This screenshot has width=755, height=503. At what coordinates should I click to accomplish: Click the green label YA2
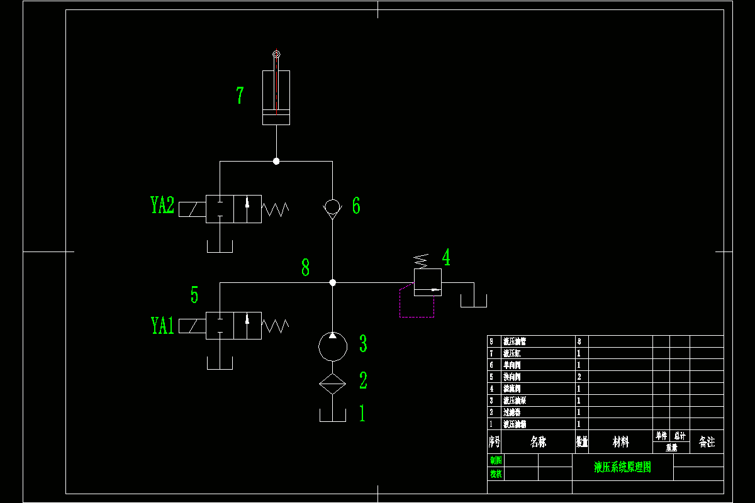pyautogui.click(x=162, y=206)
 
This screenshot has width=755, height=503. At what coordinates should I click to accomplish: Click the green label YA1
pyautogui.click(x=162, y=326)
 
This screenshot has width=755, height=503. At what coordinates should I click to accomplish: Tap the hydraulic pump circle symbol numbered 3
pyautogui.click(x=333, y=346)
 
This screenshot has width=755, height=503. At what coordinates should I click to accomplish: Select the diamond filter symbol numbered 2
pyautogui.click(x=333, y=383)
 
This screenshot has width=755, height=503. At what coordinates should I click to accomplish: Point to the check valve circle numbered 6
pyautogui.click(x=332, y=206)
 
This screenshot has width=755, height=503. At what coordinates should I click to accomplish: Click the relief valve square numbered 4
pyautogui.click(x=428, y=282)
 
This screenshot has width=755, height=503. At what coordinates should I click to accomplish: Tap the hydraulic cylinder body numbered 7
pyautogui.click(x=276, y=97)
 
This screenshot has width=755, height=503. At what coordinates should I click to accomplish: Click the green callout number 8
pyautogui.click(x=306, y=268)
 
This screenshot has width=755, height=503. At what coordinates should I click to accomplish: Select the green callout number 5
pyautogui.click(x=194, y=295)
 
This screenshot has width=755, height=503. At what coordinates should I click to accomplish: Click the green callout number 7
pyautogui.click(x=240, y=96)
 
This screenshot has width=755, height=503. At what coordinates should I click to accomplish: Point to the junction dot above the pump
pyautogui.click(x=333, y=283)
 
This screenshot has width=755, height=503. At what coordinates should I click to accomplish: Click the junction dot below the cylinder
pyautogui.click(x=276, y=162)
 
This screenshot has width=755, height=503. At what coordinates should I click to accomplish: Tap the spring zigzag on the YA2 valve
pyautogui.click(x=276, y=209)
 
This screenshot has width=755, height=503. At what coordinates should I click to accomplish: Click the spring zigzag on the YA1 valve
pyautogui.click(x=276, y=326)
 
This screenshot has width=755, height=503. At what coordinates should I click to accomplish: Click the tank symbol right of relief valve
pyautogui.click(x=474, y=301)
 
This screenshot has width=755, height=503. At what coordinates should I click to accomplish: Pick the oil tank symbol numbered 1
pyautogui.click(x=333, y=416)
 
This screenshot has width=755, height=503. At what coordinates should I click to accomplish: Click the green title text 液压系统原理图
pyautogui.click(x=622, y=467)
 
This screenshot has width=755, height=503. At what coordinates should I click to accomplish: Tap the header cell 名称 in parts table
pyautogui.click(x=539, y=442)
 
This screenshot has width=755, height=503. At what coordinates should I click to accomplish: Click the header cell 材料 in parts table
pyautogui.click(x=620, y=442)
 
